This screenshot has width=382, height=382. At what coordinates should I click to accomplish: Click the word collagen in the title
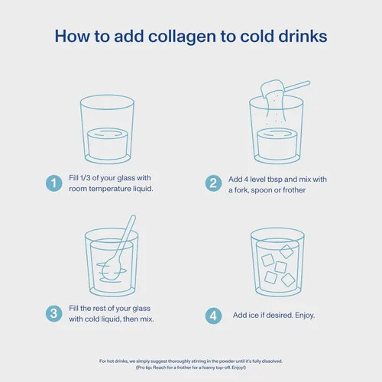click(182, 37)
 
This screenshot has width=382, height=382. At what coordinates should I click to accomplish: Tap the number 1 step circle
click(54, 183)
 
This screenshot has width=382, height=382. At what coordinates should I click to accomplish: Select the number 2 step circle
click(213, 183)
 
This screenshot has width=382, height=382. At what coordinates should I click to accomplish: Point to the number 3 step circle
click(54, 313)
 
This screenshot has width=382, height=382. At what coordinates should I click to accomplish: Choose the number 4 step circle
click(213, 316)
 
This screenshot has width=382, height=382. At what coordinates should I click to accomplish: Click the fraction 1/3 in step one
click(85, 178)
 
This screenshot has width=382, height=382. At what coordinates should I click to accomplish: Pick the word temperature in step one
click(110, 189)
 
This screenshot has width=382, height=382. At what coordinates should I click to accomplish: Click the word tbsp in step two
click(274, 180)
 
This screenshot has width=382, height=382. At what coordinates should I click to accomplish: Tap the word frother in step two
click(294, 190)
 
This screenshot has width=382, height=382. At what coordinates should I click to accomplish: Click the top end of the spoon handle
click(133, 217)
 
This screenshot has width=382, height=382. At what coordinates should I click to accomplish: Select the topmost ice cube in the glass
click(286, 251)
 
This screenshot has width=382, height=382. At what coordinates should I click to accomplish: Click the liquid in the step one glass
click(108, 144)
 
